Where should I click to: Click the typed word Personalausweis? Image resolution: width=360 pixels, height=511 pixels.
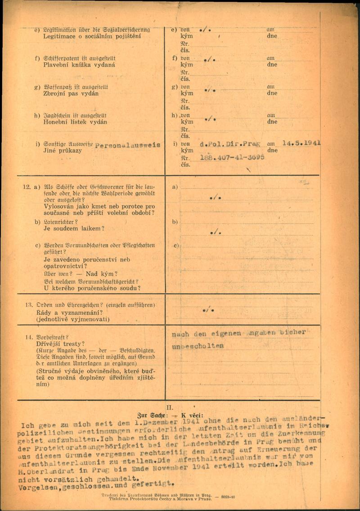(x=128, y=145)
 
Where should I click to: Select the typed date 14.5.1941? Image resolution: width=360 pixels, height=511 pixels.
(x=301, y=143)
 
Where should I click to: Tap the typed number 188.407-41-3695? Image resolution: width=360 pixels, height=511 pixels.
(x=232, y=158)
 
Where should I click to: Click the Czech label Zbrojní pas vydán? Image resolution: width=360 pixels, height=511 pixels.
(x=71, y=94)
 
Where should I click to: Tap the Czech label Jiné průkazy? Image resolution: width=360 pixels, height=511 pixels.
(x=63, y=150)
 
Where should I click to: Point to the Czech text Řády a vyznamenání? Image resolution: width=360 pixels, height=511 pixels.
(x=69, y=312)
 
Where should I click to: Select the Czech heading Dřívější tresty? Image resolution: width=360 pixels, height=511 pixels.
(x=60, y=344)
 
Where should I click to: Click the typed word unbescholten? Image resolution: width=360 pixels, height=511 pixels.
(x=198, y=346)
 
